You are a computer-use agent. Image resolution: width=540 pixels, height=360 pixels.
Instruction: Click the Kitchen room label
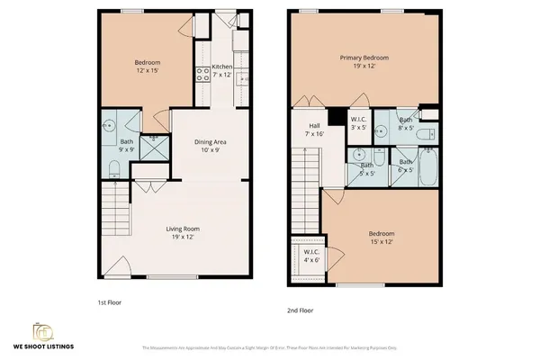pyautogui.click(x=222, y=67)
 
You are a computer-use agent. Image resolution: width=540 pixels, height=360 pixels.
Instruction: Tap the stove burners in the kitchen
pyautogui.click(x=203, y=76)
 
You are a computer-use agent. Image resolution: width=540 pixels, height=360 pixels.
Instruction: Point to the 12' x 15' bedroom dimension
pyautogui.click(x=147, y=71)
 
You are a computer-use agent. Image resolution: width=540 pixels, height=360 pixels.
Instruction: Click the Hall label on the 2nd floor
pyautogui.click(x=315, y=126)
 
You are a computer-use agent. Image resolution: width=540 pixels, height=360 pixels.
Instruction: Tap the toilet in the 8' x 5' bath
pyautogui.click(x=429, y=134)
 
